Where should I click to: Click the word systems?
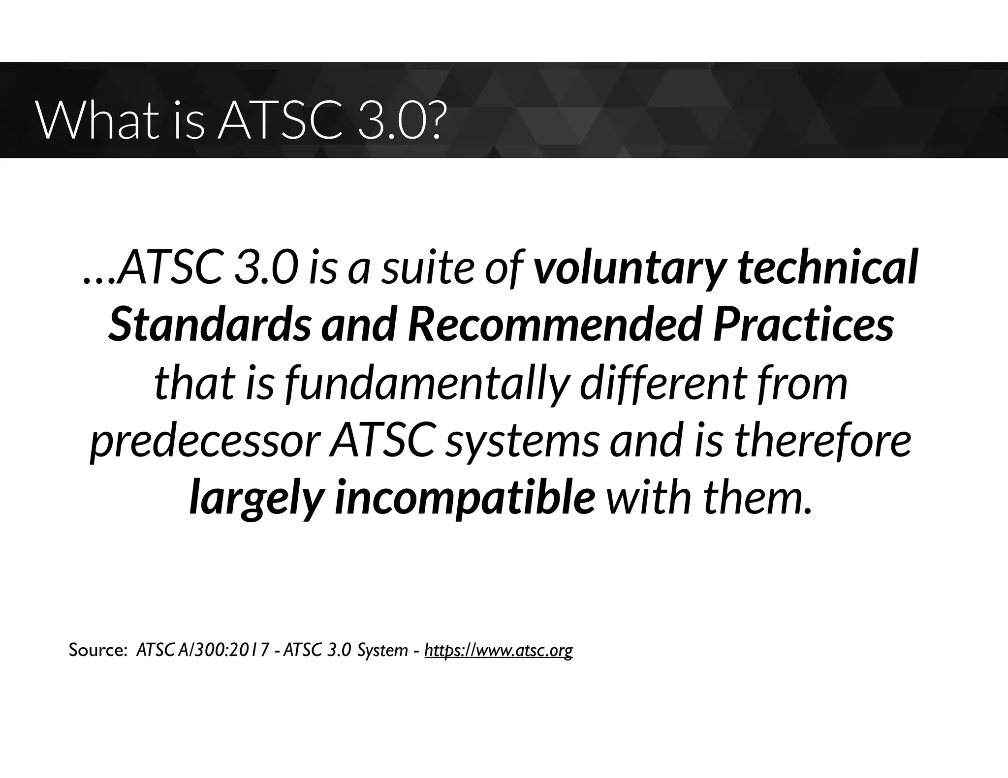522,442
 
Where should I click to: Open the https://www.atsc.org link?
498,650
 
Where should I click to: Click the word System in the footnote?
382,650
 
